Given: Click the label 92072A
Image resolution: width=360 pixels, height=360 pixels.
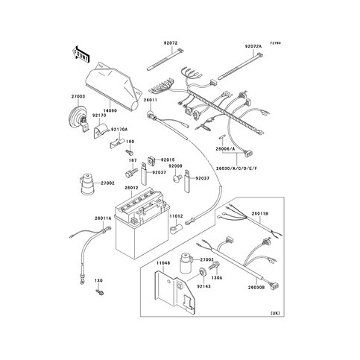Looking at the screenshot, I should pos(254,45).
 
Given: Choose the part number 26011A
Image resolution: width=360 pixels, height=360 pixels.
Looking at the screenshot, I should pos(104,218).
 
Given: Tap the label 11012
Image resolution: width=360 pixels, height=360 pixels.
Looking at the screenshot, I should pos(176,215).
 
